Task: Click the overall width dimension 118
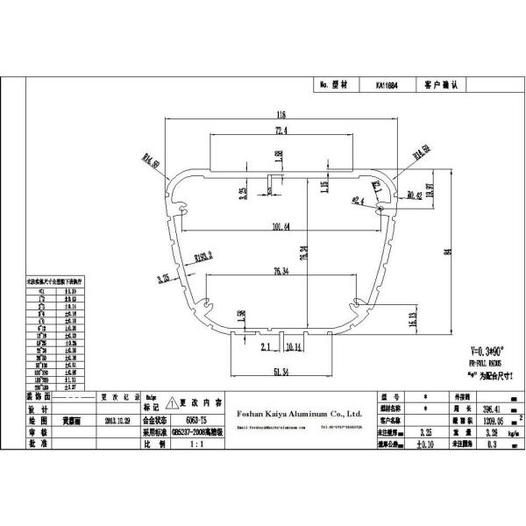point(281,115)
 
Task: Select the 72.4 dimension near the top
point(281,131)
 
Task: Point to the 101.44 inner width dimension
point(281,228)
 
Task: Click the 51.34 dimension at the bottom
point(281,373)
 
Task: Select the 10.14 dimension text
point(292,347)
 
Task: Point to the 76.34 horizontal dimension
point(281,271)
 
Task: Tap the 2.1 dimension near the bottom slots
point(266,347)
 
